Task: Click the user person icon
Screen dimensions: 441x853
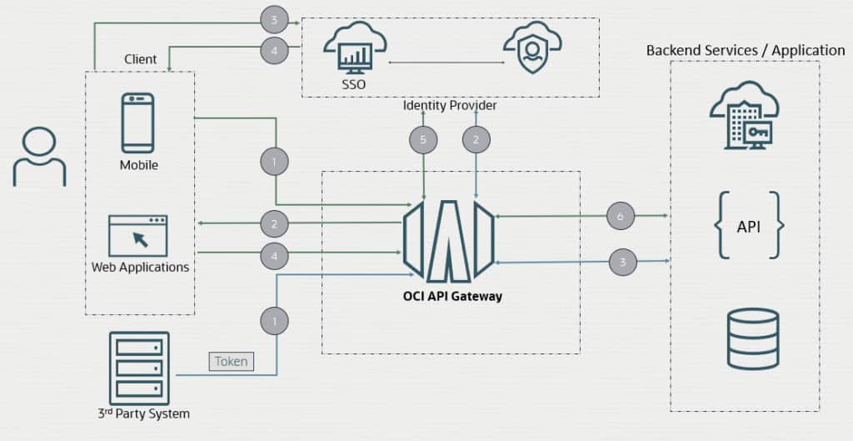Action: pos(39,156)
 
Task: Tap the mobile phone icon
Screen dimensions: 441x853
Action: pos(137,123)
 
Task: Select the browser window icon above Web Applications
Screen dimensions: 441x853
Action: pos(137,236)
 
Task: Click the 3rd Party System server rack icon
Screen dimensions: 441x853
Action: pos(139,368)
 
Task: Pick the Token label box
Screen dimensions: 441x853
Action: pos(231,362)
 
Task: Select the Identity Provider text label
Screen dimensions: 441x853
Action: pos(450,106)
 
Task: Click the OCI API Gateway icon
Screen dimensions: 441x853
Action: pos(449,241)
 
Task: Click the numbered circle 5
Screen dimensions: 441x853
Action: pos(423,140)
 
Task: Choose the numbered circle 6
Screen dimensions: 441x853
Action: pos(620,216)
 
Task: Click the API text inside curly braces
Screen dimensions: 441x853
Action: pos(748,226)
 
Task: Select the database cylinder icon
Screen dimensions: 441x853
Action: pos(752,338)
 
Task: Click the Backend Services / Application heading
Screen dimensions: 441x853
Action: pos(745,51)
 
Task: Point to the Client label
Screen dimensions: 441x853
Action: pos(141,59)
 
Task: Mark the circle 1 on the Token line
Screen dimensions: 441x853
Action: pos(274,320)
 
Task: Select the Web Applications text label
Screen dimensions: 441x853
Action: pos(140,268)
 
